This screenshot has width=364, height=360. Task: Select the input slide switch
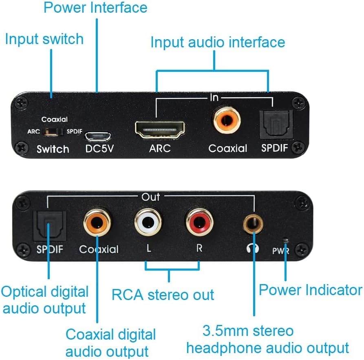click(52, 131)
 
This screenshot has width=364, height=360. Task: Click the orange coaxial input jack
click(226, 120)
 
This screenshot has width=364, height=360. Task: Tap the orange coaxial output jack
click(97, 222)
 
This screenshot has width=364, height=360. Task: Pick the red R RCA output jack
click(199, 222)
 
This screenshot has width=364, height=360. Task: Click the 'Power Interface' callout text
click(95, 7)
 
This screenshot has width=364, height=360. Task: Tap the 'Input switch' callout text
click(44, 39)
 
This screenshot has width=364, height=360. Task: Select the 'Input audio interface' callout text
click(218, 42)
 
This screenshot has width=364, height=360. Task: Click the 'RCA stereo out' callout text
click(163, 294)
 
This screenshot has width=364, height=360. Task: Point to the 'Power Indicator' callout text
click(311, 290)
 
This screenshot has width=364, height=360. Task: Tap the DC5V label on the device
click(99, 149)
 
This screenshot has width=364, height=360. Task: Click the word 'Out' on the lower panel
click(151, 197)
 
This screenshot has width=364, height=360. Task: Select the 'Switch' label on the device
click(53, 149)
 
